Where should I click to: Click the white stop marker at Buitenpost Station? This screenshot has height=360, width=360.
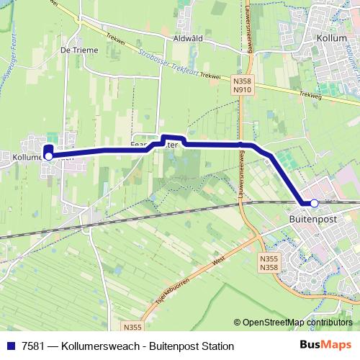pos(315,203)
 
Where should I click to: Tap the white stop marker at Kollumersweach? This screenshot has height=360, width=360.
pos(48,155)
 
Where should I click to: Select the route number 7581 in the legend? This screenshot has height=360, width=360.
pos(31,346)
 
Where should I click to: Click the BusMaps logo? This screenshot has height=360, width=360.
pos(325,345)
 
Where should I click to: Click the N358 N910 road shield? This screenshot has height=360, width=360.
pos(241,86)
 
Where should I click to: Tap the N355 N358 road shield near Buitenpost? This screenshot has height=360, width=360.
pos(269,262)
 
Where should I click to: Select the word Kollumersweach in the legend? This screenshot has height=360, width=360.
pos(101,346)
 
